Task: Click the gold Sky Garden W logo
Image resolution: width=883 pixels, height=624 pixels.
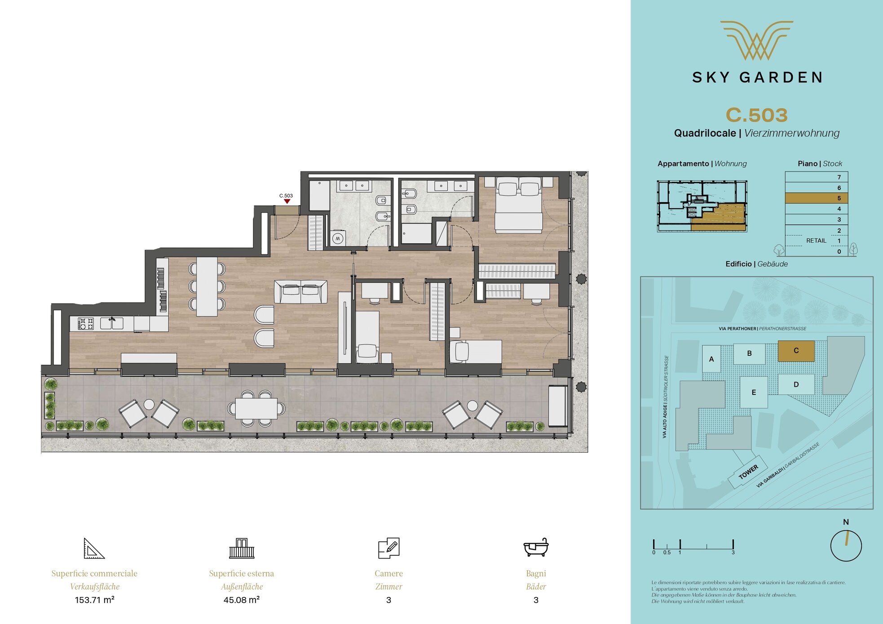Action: click(x=757, y=40)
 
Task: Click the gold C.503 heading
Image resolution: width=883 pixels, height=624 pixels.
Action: click(x=757, y=115)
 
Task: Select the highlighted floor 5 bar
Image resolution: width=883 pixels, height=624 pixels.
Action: click(x=816, y=198)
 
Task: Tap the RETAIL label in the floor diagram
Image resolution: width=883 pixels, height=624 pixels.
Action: click(x=816, y=241)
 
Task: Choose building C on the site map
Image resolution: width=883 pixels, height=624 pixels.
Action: click(x=796, y=350)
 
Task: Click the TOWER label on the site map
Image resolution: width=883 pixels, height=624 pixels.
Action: click(x=748, y=472)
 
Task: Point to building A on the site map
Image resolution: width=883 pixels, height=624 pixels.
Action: click(x=711, y=359)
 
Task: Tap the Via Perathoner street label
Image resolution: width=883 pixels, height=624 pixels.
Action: click(x=762, y=329)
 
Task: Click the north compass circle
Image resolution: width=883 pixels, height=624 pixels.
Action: click(x=846, y=546)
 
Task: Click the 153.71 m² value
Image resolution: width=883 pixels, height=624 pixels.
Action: click(x=94, y=600)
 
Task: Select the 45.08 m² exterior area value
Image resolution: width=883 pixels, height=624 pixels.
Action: click(x=242, y=600)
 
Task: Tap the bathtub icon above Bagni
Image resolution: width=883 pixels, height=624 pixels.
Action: click(x=536, y=547)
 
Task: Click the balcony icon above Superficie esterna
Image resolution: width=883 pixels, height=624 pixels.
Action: click(x=242, y=548)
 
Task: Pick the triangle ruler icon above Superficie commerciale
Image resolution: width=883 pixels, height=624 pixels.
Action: click(x=94, y=548)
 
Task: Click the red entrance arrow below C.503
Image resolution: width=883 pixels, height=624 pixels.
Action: click(x=287, y=201)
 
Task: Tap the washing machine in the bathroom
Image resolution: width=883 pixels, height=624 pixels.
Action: click(x=338, y=238)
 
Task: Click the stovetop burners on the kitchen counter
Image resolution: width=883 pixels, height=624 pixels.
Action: click(x=85, y=323)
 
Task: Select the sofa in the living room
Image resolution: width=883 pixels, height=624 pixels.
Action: click(x=300, y=292)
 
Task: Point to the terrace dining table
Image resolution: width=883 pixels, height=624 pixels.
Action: click(x=256, y=408)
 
